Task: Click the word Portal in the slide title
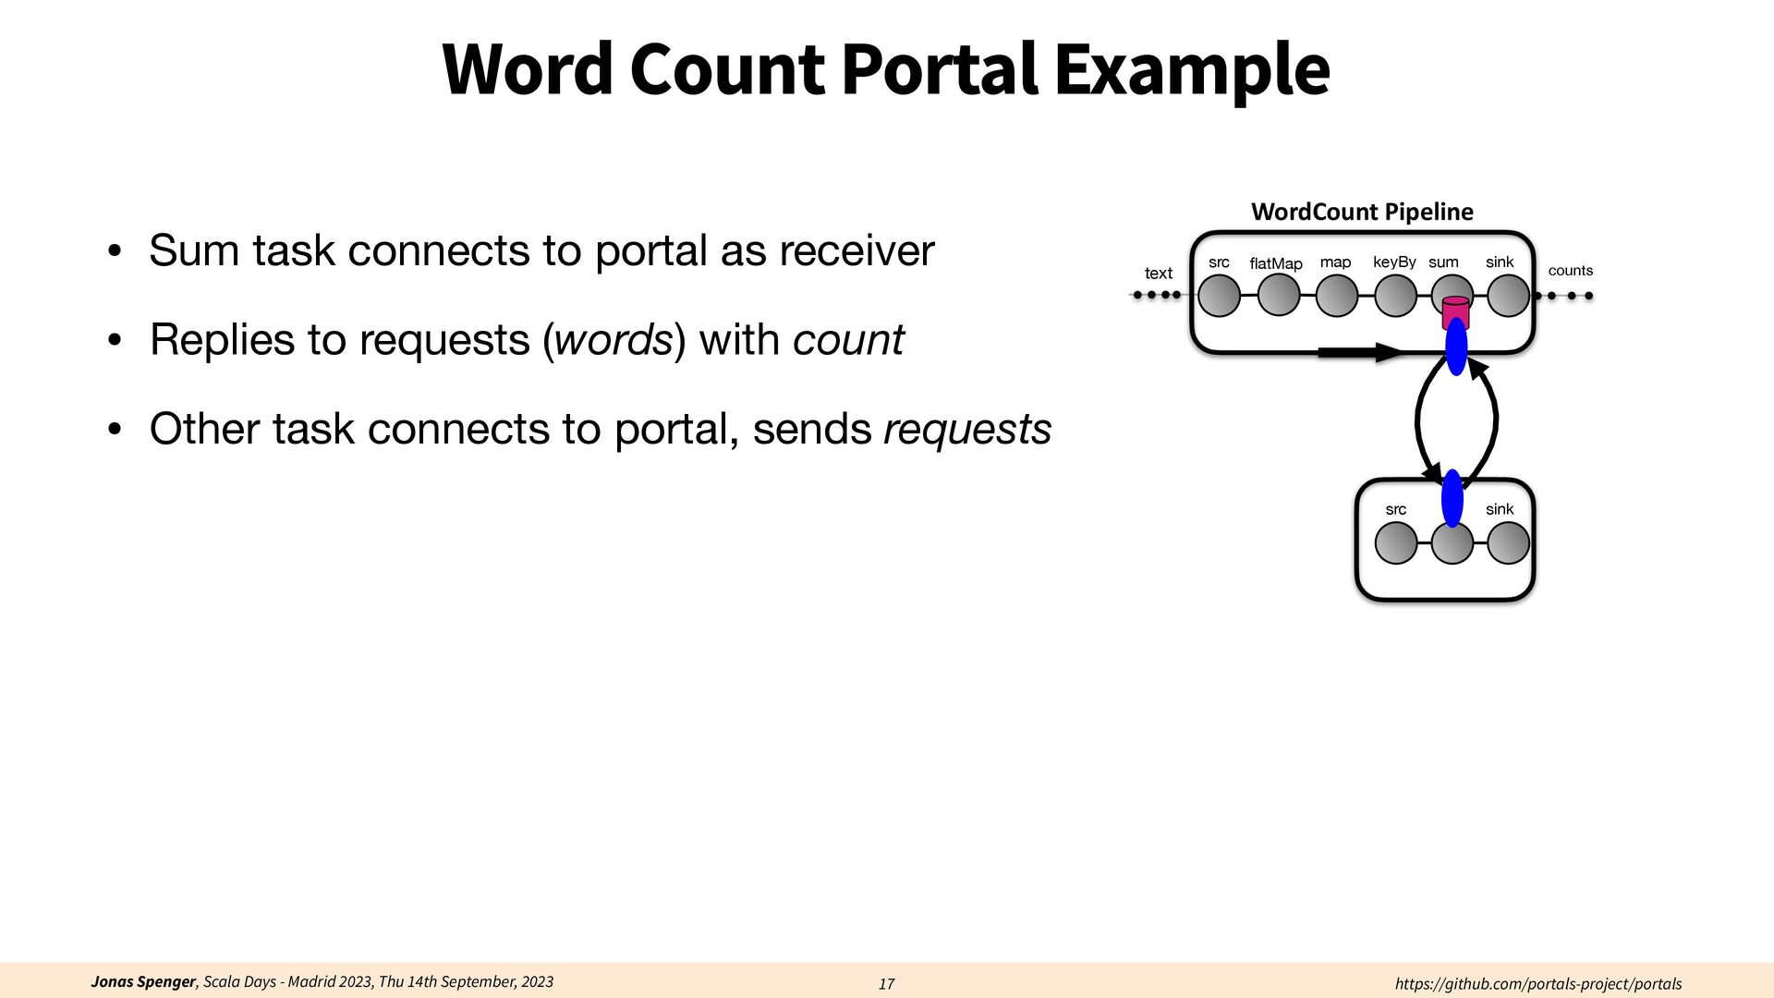940,69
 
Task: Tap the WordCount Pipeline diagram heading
1362,212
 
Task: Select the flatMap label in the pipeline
1276,264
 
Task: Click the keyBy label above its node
1394,262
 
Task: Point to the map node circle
1336,297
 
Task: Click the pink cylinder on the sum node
1455,310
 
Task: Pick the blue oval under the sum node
1456,347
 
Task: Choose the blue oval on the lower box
1452,498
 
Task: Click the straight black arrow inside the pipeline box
1358,352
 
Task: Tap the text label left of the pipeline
1158,274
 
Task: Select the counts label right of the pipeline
1570,271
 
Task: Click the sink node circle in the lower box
1508,543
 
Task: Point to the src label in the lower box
1395,510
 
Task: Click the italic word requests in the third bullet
967,430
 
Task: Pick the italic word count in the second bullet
848,340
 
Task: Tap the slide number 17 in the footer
886,984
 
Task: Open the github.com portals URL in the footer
1537,984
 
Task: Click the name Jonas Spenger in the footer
143,981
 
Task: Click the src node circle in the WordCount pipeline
1219,297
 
